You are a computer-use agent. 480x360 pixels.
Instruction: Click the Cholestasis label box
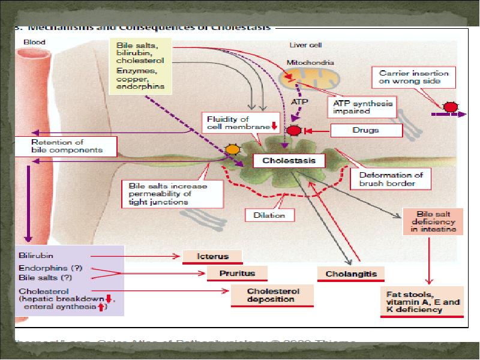pos(288,161)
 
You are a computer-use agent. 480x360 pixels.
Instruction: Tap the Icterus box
pos(213,256)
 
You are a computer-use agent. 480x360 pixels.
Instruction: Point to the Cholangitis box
pos(350,274)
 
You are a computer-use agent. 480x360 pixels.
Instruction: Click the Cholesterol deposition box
pos(273,295)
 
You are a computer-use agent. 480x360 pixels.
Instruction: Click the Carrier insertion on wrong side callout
pos(415,76)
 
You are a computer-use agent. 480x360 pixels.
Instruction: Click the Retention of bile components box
pos(66,145)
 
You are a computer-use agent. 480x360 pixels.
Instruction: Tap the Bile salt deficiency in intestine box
pos(433,221)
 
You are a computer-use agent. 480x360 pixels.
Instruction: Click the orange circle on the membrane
pos(232,149)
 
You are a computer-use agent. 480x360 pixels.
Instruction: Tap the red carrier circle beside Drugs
pos(294,130)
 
